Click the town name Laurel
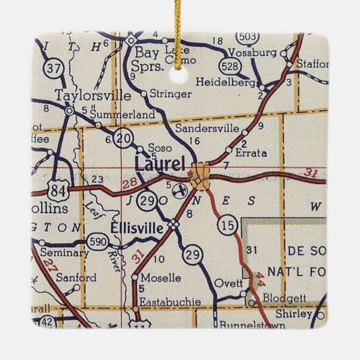coord(159,164)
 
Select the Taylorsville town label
coord(92,95)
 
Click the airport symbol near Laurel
coord(180,191)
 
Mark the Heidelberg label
coord(226,82)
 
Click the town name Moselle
coord(162,277)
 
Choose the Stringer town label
coord(170,94)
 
